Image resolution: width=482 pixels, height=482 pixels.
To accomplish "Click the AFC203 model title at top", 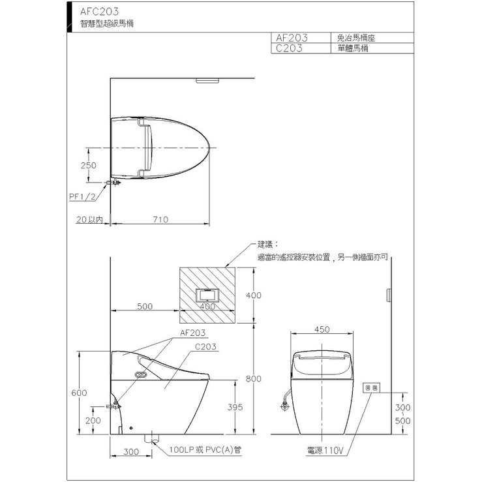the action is tap(99, 11).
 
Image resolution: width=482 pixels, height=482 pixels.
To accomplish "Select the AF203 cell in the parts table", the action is tap(292, 38).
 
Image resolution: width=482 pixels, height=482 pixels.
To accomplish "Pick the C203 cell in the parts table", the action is tap(289, 48).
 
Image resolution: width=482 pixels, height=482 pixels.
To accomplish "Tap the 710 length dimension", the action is tap(160, 220).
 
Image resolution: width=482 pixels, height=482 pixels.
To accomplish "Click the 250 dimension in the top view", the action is tap(89, 166).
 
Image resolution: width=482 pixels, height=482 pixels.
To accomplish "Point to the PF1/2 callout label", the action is tap(82, 197).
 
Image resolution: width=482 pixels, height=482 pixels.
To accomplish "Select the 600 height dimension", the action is tap(79, 393).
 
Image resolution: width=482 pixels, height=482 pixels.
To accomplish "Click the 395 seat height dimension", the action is tap(235, 407).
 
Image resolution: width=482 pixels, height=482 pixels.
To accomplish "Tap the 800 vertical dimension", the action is tap(253, 379).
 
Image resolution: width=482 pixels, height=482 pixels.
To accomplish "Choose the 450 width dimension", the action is tap(322, 329).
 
